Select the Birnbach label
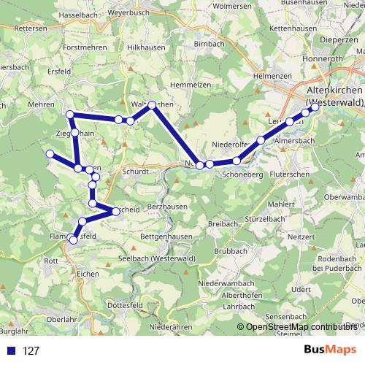(210, 44)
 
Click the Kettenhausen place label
(292, 28)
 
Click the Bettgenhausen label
(169, 238)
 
